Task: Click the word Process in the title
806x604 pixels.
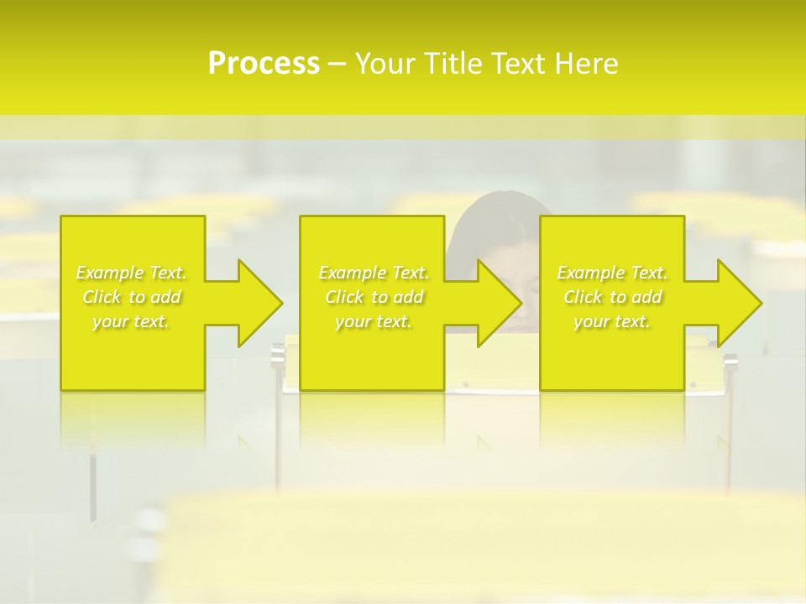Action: coord(264,64)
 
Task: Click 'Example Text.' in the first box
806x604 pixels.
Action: coord(132,273)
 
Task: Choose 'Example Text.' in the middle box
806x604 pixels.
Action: coord(374,273)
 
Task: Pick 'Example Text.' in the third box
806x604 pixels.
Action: coord(612,273)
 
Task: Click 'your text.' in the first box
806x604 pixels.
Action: coord(131,321)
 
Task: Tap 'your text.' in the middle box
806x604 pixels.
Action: coord(373,321)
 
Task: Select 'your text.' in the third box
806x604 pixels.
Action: coord(612,321)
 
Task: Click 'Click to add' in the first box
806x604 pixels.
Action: coord(132,297)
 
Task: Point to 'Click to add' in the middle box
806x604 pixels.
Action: coord(374,297)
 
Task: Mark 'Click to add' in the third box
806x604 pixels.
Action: coord(612,297)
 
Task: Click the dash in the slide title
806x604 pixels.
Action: coord(337,64)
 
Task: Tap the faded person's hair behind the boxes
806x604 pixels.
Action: coord(495,210)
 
